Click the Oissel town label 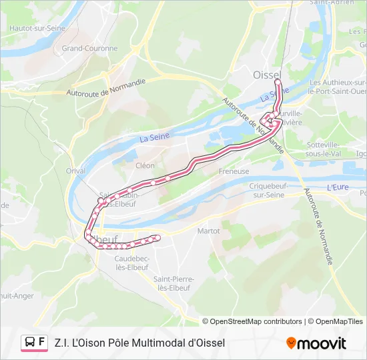point(268,75)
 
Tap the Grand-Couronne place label point(89,49)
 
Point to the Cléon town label point(145,165)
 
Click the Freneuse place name point(234,171)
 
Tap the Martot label point(209,231)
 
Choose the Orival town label point(75,171)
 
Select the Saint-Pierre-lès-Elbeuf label point(173,283)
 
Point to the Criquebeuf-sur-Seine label point(266,190)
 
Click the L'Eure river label point(338,188)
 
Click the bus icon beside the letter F point(30,343)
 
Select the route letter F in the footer point(42,343)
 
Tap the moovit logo point(316,343)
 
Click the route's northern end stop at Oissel point(277,82)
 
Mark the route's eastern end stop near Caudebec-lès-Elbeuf point(158,237)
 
